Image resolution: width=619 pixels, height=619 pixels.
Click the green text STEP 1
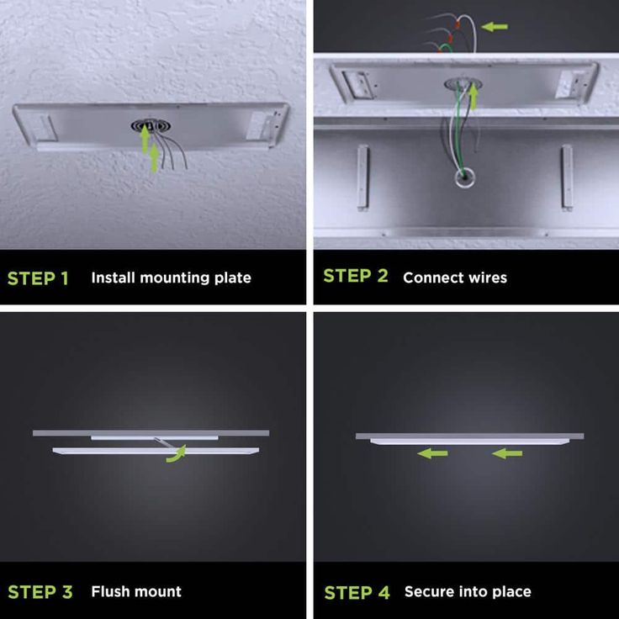pyautogui.click(x=38, y=278)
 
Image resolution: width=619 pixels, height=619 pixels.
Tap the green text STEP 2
pyautogui.click(x=355, y=276)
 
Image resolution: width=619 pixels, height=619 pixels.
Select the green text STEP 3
pyautogui.click(x=40, y=592)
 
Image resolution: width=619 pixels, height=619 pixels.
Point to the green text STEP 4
pyautogui.click(x=357, y=593)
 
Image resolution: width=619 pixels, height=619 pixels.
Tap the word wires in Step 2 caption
pyautogui.click(x=488, y=278)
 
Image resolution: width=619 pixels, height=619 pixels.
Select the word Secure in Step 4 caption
pyautogui.click(x=426, y=591)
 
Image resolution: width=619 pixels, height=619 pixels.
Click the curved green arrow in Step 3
pyautogui.click(x=177, y=455)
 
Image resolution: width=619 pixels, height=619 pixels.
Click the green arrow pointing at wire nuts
pyautogui.click(x=495, y=27)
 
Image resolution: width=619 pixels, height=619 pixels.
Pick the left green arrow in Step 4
pyautogui.click(x=432, y=453)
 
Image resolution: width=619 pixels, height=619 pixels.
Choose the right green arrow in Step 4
pyautogui.click(x=507, y=453)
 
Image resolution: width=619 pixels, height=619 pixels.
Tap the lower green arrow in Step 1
pyautogui.click(x=154, y=158)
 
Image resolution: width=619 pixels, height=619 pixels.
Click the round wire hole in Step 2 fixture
pyautogui.click(x=464, y=177)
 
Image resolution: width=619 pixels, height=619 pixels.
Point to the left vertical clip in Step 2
pyautogui.click(x=362, y=177)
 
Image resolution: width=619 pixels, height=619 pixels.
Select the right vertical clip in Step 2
pyautogui.click(x=567, y=177)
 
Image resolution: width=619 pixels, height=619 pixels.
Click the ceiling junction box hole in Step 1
pyautogui.click(x=151, y=126)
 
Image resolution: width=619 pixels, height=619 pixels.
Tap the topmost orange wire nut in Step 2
pyautogui.click(x=458, y=24)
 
